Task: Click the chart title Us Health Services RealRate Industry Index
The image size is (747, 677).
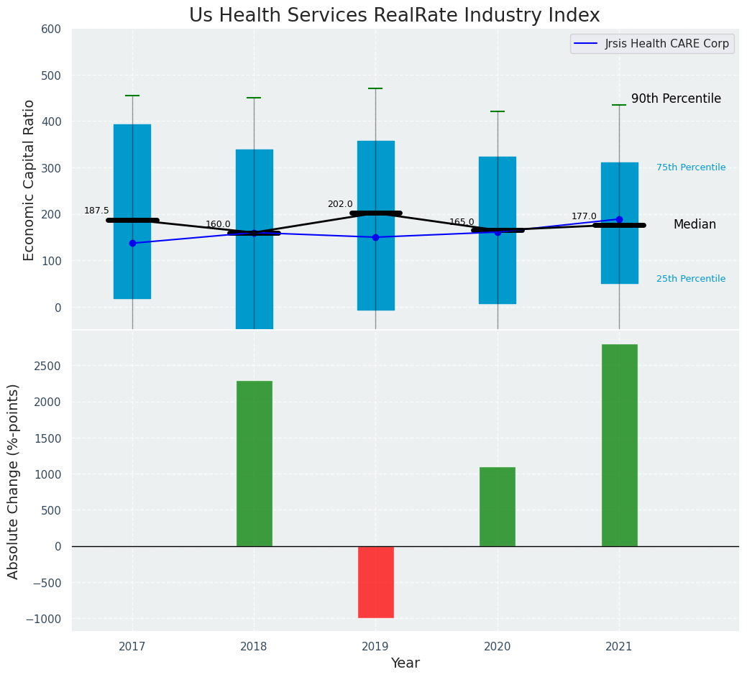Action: coord(394,16)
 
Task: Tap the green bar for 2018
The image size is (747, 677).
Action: coord(255,464)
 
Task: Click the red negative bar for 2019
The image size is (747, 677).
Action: coord(376,581)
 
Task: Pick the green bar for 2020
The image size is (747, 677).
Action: coord(498,507)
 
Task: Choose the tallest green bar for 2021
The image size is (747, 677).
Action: coord(619,446)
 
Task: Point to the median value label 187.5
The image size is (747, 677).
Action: coord(96,211)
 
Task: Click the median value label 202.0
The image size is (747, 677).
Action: coord(340,204)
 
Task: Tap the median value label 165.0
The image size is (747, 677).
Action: coord(462,222)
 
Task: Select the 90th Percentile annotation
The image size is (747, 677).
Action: coord(676,99)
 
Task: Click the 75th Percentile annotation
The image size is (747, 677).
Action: coord(691,167)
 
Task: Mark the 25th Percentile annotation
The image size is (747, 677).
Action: coord(691,279)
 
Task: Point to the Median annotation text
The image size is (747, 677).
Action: coord(695,225)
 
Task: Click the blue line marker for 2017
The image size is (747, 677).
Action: coord(132,243)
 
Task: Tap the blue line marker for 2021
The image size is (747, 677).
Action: coord(619,219)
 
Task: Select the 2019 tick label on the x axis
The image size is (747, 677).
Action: coord(375,647)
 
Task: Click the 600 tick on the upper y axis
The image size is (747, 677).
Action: coord(57,29)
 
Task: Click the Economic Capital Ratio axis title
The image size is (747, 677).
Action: coord(29,180)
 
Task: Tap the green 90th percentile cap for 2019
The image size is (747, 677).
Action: coord(375,88)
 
